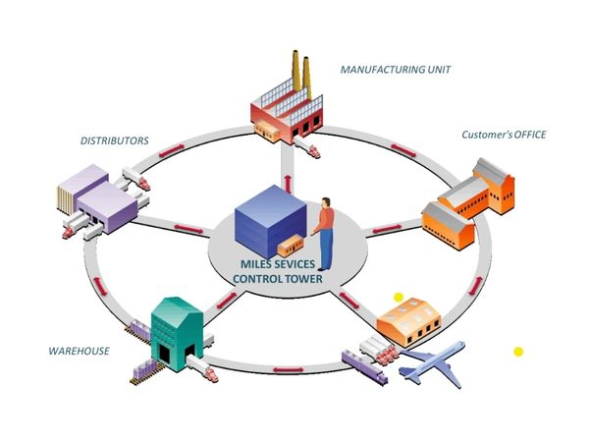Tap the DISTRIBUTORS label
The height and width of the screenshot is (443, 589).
[115, 140]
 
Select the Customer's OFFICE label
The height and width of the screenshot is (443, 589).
[504, 134]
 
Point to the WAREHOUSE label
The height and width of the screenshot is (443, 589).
[79, 351]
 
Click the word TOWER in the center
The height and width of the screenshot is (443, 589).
[302, 279]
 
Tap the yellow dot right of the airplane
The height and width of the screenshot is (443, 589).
[518, 351]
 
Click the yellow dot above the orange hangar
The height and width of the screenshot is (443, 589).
[399, 297]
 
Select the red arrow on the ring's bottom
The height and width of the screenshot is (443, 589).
[286, 369]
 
